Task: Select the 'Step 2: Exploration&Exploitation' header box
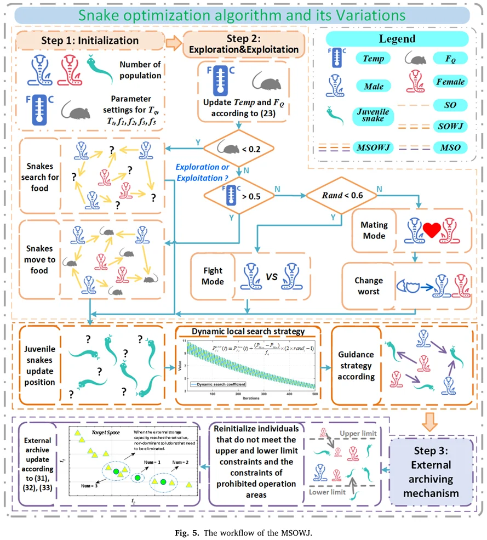point(244,44)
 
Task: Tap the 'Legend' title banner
point(397,39)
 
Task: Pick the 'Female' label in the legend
point(450,82)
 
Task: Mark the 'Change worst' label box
point(368,286)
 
